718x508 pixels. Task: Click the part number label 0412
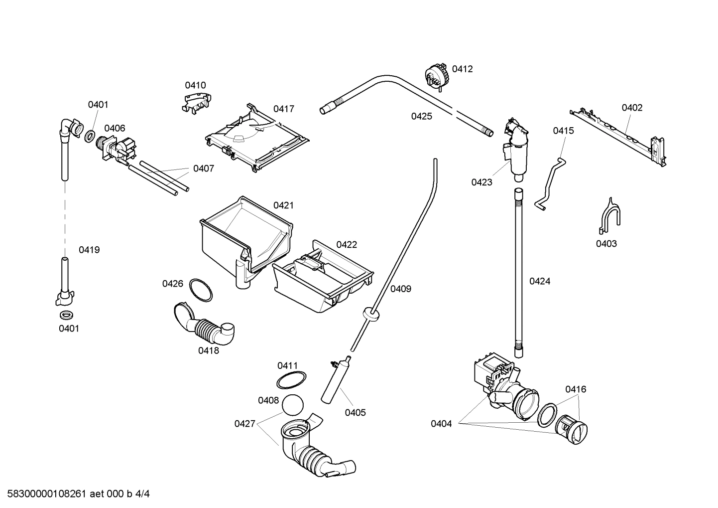462,69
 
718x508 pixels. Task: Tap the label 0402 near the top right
632,108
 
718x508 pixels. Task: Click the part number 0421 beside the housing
283,205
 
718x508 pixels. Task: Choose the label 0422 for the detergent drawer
347,245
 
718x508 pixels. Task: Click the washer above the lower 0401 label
65,315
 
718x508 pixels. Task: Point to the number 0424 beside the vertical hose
540,281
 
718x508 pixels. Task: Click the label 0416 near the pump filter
576,389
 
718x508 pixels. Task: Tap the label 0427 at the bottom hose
244,424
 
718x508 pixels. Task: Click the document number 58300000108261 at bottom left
44,495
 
